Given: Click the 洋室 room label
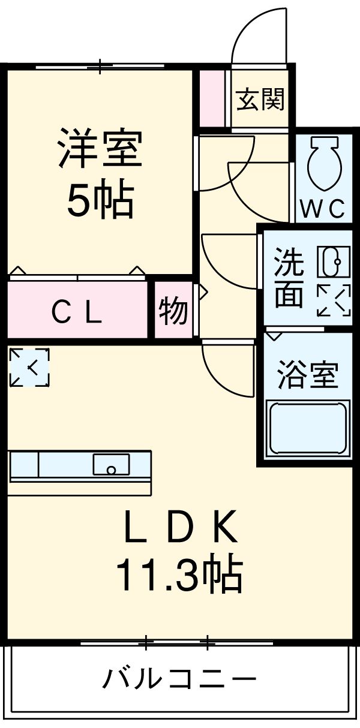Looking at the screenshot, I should click(x=100, y=149).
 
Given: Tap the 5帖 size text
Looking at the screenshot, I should click(x=100, y=200).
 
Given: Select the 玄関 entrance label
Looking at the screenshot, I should click(x=260, y=99).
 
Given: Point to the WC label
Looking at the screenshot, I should click(x=323, y=209).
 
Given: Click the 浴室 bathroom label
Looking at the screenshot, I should click(x=307, y=375).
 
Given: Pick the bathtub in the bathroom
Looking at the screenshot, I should click(x=308, y=428).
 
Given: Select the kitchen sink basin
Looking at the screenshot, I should click(x=111, y=465).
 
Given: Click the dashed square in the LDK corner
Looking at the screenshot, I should click(x=29, y=367).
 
